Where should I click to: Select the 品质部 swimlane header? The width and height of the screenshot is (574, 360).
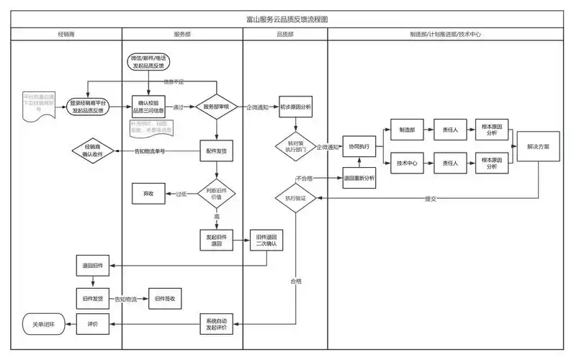coord(285,35)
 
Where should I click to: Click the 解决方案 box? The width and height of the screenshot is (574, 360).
coord(538,146)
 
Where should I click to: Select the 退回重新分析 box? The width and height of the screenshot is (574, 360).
coord(359,178)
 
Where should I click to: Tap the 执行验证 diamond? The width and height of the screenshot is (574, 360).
coord(295,197)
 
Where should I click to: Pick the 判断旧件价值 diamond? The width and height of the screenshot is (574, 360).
coord(217,193)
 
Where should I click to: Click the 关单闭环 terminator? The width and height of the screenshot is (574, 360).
coord(40,325)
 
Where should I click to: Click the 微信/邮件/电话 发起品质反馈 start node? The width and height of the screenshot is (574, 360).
coord(149,61)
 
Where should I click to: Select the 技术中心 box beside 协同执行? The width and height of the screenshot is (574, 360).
coord(408,163)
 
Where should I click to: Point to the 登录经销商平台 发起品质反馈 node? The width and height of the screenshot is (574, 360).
coord(88,107)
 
